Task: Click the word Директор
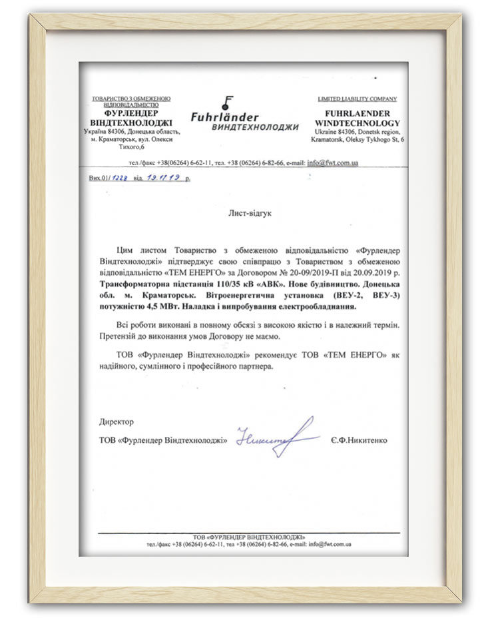pos(116,422)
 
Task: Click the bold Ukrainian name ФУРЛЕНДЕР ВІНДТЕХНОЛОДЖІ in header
pos(130,118)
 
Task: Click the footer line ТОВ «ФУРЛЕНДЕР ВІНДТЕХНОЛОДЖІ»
pos(248,537)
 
